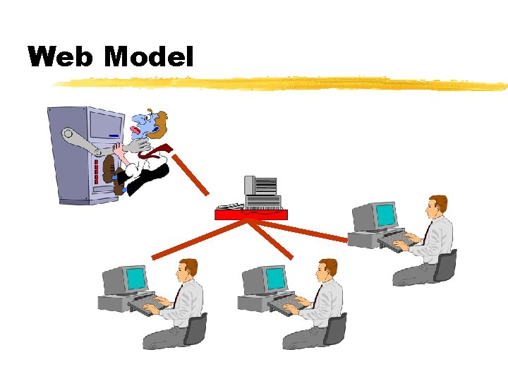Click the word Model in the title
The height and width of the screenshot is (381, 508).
click(149, 56)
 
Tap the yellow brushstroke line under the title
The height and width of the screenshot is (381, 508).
click(282, 83)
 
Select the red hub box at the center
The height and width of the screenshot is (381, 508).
click(251, 214)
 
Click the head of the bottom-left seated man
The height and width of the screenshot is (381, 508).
click(188, 269)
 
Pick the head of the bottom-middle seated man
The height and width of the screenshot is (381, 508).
click(327, 269)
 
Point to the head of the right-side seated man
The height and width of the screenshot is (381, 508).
click(437, 205)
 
